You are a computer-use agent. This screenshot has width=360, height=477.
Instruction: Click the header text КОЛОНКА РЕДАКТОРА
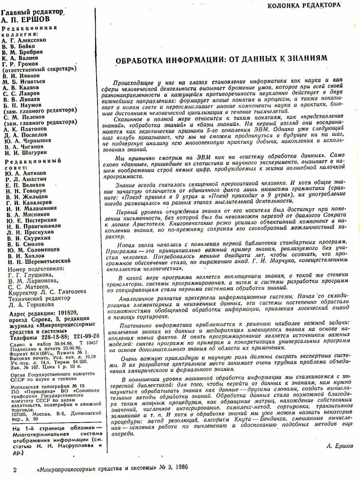coord(304,5)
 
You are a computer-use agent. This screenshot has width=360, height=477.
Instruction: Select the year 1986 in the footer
coord(179,467)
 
